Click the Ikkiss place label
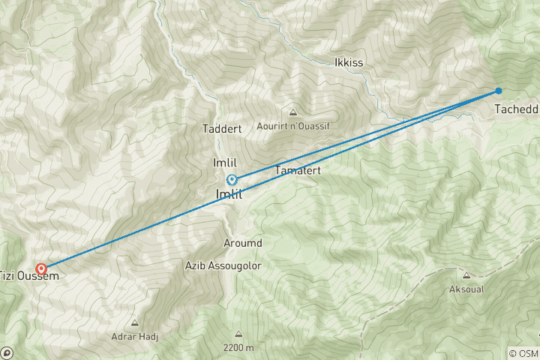click(349, 62)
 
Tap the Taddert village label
click(222, 129)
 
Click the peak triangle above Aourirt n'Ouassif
click(294, 112)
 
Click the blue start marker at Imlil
click(232, 179)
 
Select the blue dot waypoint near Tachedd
click(498, 91)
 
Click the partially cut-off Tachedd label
click(517, 109)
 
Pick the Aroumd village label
click(243, 244)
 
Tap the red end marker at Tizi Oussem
click(41, 268)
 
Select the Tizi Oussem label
click(29, 276)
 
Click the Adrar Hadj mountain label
click(135, 337)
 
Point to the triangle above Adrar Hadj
click(135, 323)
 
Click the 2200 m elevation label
click(238, 348)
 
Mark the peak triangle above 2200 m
click(238, 334)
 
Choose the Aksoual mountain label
click(467, 289)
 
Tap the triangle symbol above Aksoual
click(467, 274)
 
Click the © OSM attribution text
click(523, 353)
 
